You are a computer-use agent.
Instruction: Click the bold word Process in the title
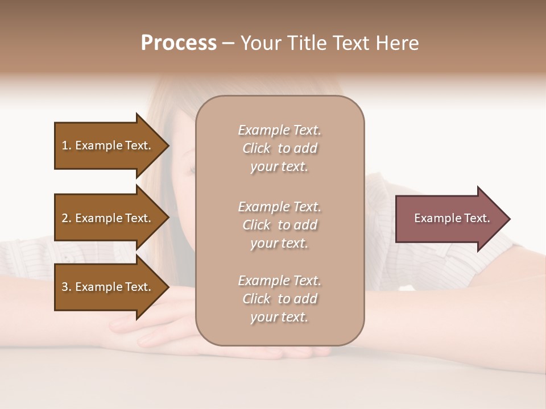179,43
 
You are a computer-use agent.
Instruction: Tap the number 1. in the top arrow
67,145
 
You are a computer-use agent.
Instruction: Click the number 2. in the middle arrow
67,218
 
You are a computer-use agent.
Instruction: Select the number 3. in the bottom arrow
67,287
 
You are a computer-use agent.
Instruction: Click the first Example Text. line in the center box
279,130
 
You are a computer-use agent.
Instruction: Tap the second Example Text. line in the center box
279,207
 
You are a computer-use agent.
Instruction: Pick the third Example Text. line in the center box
279,281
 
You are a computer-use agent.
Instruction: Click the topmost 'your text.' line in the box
279,167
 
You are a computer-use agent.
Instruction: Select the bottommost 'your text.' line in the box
279,318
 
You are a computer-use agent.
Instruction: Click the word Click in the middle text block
257,226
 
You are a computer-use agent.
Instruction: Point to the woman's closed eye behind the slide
191,169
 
